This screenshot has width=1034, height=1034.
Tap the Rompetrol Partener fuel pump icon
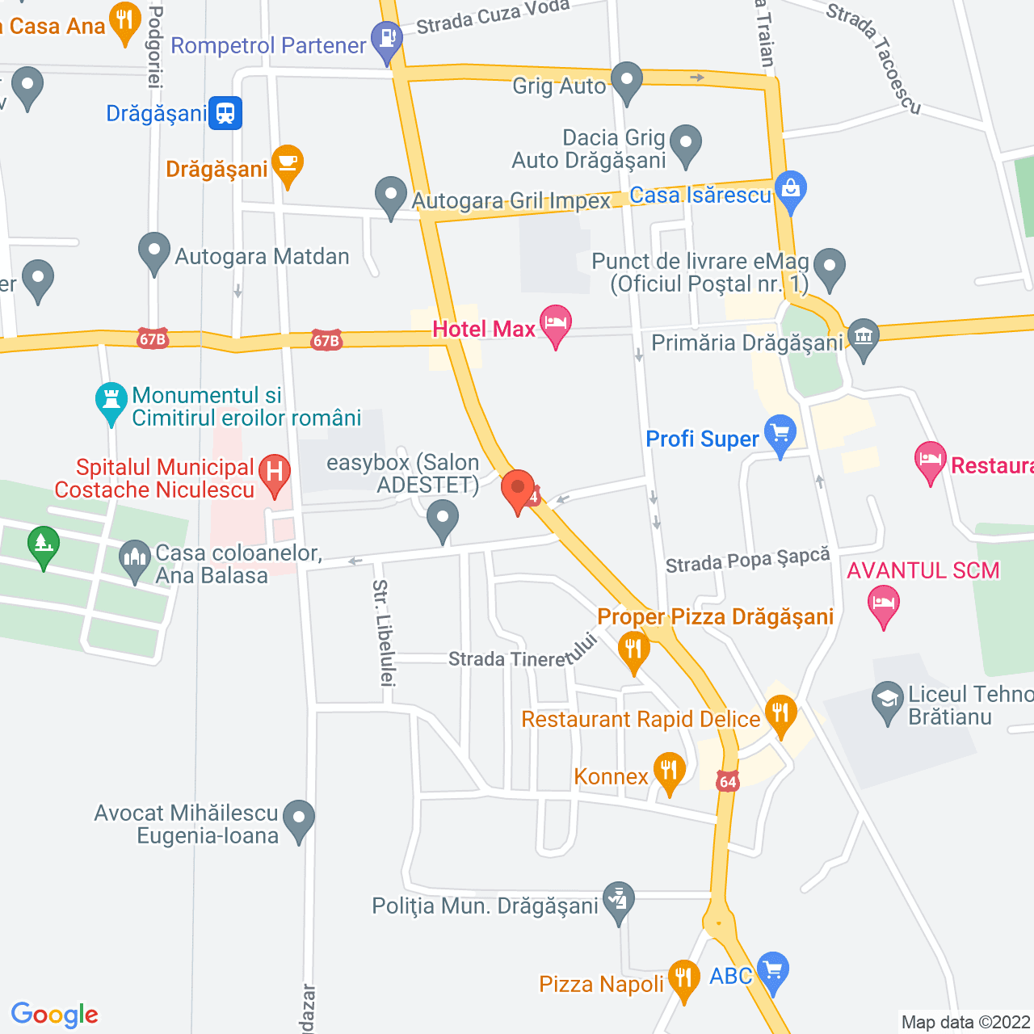point(387,40)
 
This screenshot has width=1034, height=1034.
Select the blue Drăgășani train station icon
point(225,113)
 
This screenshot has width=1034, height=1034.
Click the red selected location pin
point(518,489)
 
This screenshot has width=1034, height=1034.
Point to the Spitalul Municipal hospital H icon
point(275,473)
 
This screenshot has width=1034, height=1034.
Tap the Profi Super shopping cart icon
point(780,434)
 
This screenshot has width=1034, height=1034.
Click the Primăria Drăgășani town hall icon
point(864,338)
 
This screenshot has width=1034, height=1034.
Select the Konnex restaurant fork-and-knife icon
point(669,771)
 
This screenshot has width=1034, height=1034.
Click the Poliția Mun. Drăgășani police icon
point(619,899)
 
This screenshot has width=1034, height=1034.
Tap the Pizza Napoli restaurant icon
point(684,978)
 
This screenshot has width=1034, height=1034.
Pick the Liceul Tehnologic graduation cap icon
point(888,700)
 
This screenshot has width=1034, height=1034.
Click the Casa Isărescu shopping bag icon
point(791,191)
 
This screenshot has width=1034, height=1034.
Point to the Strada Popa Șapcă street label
point(747,560)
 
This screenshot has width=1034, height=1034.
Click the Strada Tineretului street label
point(522,656)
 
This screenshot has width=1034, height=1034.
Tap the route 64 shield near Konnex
point(728,781)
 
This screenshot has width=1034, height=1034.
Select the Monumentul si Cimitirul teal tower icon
point(111,401)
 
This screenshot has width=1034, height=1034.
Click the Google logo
point(55,1015)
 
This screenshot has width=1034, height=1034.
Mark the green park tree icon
point(43,544)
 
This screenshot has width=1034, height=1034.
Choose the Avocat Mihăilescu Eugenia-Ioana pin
point(299,818)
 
